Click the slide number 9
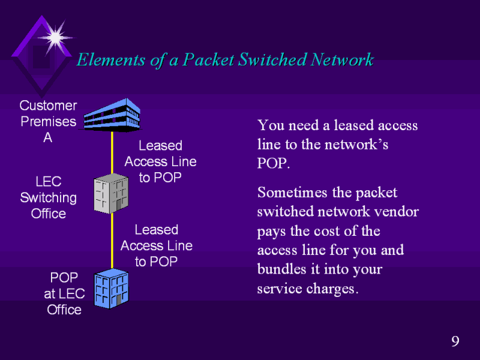pyautogui.click(x=455, y=342)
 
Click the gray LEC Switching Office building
pyautogui.click(x=112, y=194)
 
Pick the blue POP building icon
pyautogui.click(x=112, y=288)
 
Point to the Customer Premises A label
pyautogui.click(x=48, y=122)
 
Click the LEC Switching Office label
pyautogui.click(x=48, y=197)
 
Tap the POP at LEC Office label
pyautogui.click(x=64, y=293)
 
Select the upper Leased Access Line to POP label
pyautogui.click(x=160, y=161)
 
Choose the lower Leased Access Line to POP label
pyautogui.click(x=156, y=245)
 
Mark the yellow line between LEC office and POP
pyautogui.click(x=112, y=240)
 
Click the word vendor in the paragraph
pyautogui.click(x=398, y=212)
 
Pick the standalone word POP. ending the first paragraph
pyautogui.click(x=274, y=164)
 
